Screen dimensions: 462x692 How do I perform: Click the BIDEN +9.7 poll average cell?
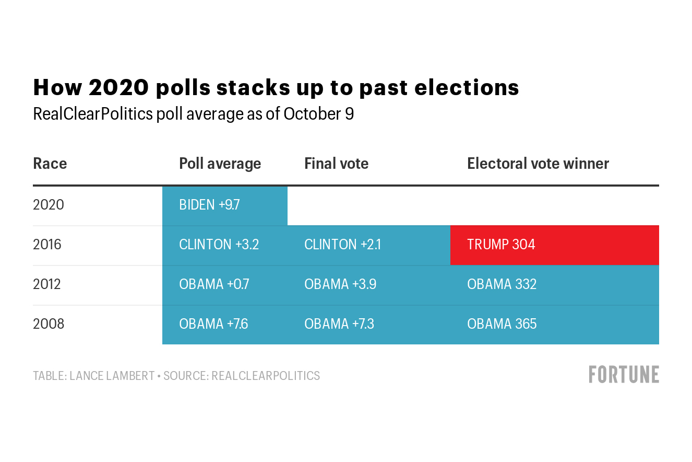[224, 205]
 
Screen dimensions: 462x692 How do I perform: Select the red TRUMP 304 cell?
[554, 245]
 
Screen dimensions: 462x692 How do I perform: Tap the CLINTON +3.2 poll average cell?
[225, 245]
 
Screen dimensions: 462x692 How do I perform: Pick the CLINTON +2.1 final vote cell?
[369, 245]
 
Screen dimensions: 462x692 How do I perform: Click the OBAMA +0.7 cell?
[225, 284]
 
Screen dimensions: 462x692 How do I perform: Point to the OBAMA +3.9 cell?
[369, 284]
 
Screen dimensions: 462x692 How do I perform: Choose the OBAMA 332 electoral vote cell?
[554, 284]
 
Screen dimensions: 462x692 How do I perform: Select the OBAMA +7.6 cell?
[225, 324]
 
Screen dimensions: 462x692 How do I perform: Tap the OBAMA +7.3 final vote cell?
[369, 324]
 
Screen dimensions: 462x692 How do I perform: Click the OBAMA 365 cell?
[554, 324]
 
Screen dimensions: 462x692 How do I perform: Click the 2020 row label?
[49, 205]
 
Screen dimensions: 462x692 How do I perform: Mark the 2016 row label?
[47, 245]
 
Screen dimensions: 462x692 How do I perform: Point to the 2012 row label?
[47, 284]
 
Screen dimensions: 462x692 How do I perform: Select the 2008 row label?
[49, 324]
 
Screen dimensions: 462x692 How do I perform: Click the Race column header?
[50, 164]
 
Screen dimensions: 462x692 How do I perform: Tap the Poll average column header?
[220, 164]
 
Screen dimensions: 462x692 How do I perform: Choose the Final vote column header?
[336, 164]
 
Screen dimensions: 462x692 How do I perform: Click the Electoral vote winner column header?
[538, 164]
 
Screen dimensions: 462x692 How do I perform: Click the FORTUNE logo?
[624, 375]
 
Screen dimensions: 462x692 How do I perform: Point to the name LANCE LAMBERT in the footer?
[112, 376]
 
